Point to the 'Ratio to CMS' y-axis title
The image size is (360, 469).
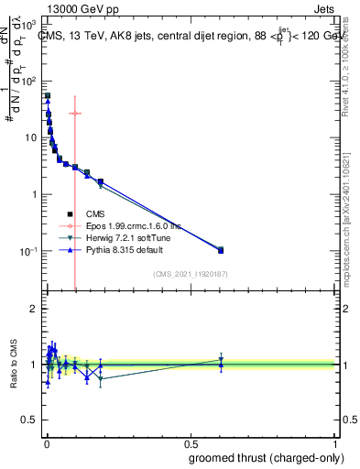(x=13, y=364)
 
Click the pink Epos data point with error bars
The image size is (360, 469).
(x=75, y=114)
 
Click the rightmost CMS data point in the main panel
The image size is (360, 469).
(x=221, y=250)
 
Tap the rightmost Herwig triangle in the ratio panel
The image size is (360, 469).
(x=221, y=359)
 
